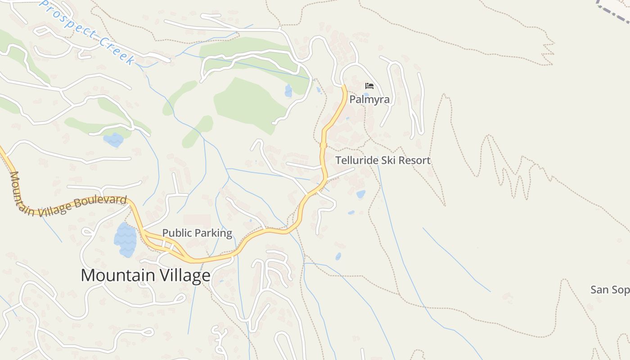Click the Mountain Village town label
145,275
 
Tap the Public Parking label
197,233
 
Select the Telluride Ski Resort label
383,161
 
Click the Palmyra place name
369,99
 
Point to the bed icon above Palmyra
369,85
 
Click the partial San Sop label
610,290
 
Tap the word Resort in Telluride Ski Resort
414,161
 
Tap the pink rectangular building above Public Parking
197,220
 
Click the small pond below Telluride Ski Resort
360,194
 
